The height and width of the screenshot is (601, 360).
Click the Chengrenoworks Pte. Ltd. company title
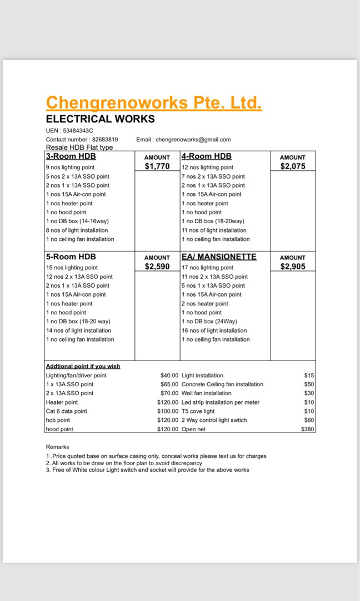tap(154, 103)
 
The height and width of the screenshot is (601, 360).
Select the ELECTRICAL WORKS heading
tap(100, 119)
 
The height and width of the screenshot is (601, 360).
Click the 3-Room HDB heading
tap(71, 156)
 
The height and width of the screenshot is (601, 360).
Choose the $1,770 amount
tap(157, 166)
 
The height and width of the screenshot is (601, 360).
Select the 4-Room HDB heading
tap(207, 156)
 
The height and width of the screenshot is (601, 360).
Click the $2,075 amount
tap(293, 166)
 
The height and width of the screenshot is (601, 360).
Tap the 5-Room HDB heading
tap(71, 257)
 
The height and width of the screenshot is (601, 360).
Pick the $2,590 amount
tap(157, 267)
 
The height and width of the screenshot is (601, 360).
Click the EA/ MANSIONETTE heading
tap(219, 257)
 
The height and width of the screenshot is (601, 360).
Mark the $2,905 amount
tap(293, 267)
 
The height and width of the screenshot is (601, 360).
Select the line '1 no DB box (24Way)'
tap(209, 322)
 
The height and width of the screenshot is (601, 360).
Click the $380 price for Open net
tap(307, 429)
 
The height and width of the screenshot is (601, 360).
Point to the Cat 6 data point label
tap(67, 411)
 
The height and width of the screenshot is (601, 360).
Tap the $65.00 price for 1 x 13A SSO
tap(169, 385)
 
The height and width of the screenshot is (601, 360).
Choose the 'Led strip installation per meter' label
tap(221, 402)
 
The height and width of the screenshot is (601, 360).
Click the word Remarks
tap(57, 447)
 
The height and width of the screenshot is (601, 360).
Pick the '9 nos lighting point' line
tap(70, 168)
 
